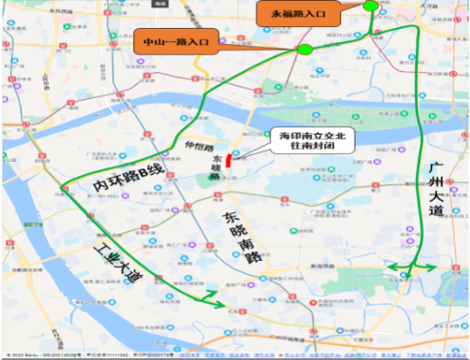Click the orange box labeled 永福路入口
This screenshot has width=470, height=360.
point(299,14)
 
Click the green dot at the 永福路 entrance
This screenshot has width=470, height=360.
point(371,6)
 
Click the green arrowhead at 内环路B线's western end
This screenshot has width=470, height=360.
point(64,188)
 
